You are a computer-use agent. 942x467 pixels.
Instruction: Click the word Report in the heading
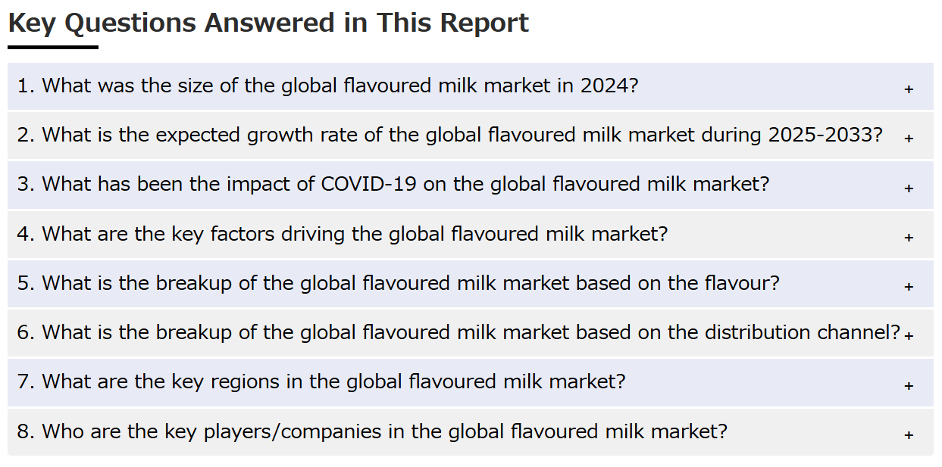pos(484,23)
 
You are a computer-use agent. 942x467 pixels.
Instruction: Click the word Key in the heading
pos(32,23)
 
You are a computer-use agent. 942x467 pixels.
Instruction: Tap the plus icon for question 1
pos(909,89)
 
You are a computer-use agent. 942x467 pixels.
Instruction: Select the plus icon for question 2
pos(909,139)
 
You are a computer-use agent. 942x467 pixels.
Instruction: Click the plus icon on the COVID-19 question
pos(909,188)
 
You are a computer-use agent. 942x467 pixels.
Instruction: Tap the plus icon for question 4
pos(909,237)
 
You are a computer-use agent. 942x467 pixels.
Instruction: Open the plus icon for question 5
pos(909,286)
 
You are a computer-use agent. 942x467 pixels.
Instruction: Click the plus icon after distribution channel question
pos(909,335)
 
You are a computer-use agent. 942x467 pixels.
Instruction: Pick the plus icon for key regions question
pos(909,385)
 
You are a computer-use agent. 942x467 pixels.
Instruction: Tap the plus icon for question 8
pos(909,434)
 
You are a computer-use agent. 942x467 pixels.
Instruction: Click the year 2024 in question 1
pos(609,86)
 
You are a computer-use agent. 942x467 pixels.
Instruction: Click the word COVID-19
pos(369,184)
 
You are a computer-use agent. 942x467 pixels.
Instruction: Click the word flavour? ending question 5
pos(742,283)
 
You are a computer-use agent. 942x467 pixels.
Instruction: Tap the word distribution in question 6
pos(757,332)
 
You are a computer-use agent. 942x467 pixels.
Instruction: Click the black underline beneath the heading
pos(53,48)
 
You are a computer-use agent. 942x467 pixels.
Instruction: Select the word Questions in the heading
pos(130,23)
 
